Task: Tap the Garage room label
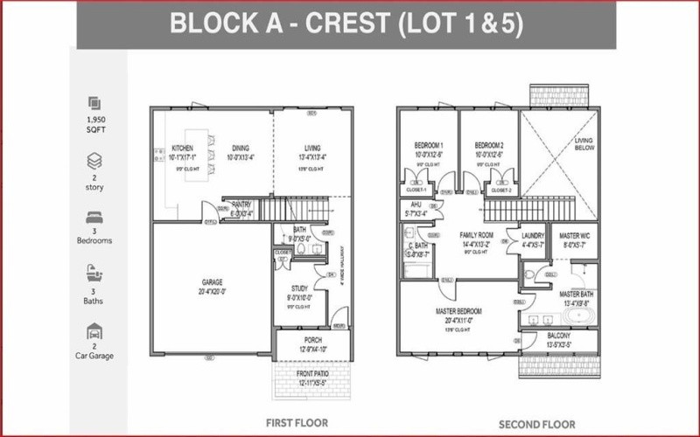pyautogui.click(x=213, y=282)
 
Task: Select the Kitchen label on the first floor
pyautogui.click(x=182, y=148)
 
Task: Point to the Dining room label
pyautogui.click(x=241, y=148)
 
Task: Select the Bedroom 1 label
pyautogui.click(x=429, y=145)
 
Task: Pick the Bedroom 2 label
pyautogui.click(x=488, y=145)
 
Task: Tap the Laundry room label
pyautogui.click(x=533, y=236)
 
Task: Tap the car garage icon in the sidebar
pyautogui.click(x=94, y=331)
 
